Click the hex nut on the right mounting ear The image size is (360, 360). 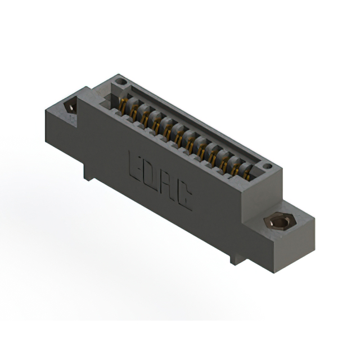[x=280, y=222]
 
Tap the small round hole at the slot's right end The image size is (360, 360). [x=267, y=166]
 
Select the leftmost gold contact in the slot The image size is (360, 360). [x=122, y=106]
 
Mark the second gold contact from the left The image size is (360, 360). [x=134, y=112]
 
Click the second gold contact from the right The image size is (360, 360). [x=235, y=168]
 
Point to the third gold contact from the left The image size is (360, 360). [x=145, y=119]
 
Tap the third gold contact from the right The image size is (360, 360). [x=224, y=162]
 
